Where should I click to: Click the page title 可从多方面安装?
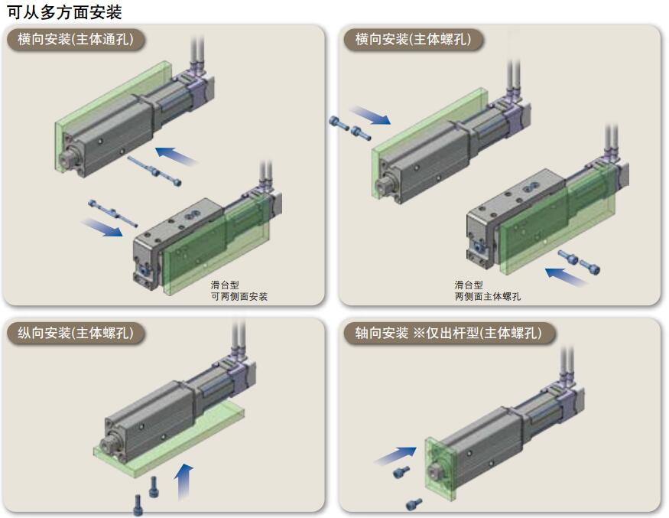(64, 11)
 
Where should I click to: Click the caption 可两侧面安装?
(239, 296)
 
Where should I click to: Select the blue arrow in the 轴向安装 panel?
(393, 457)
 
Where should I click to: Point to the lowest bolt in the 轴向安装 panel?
(414, 503)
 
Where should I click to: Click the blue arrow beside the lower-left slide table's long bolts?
(102, 227)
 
